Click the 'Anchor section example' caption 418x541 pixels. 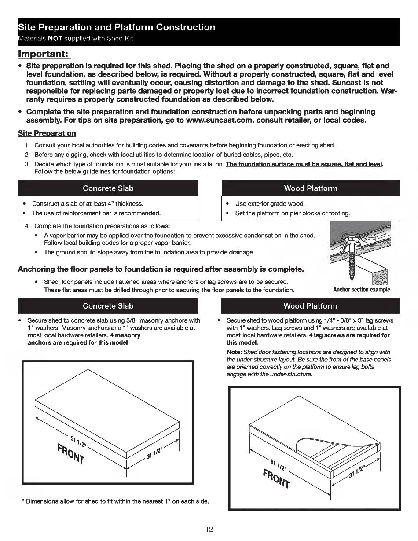361,290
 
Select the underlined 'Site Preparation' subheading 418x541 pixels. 47,133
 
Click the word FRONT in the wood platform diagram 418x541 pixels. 276,479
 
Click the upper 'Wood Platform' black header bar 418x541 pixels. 310,188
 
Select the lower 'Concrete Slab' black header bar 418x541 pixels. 108,305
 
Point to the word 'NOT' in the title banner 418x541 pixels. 54,38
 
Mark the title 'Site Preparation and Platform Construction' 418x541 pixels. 117,27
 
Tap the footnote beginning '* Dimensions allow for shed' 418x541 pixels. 115,501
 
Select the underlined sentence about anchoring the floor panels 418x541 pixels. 161,269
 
